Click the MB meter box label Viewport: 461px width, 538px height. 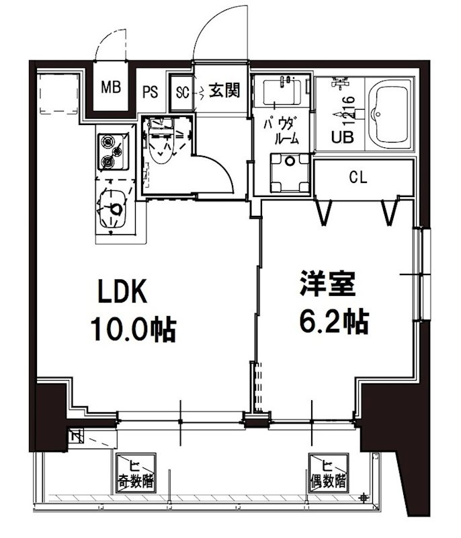click(x=110, y=87)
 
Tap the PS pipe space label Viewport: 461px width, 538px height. click(x=150, y=91)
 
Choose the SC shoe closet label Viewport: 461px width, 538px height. click(x=182, y=91)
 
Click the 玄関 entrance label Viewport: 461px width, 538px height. click(x=224, y=90)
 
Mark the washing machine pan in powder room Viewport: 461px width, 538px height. click(x=289, y=173)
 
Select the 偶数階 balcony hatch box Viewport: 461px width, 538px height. click(x=327, y=473)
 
